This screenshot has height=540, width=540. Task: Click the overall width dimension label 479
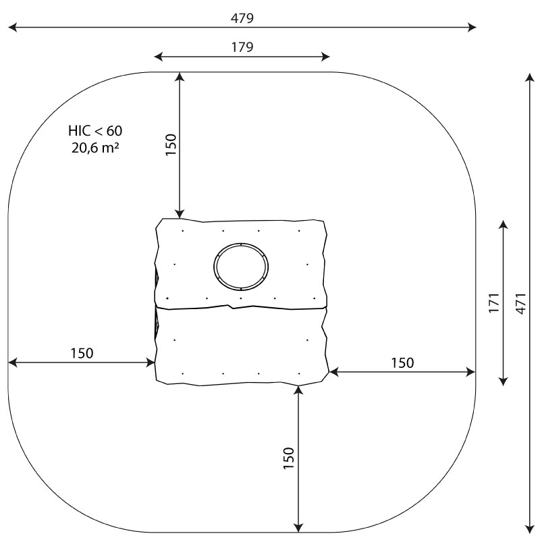(242, 18)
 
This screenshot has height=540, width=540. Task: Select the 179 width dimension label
(242, 47)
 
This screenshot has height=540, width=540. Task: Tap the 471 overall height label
(521, 303)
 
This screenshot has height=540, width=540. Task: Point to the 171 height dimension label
(494, 302)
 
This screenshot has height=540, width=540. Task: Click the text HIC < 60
(95, 131)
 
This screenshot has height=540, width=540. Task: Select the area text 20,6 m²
(95, 148)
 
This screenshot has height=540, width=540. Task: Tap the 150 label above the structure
(171, 144)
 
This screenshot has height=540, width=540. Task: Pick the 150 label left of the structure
(82, 353)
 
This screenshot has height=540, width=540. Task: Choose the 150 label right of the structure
(402, 363)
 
